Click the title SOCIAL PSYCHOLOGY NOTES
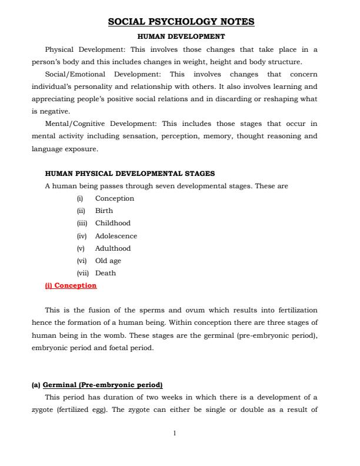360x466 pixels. [x=181, y=22]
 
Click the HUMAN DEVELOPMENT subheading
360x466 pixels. [x=181, y=36]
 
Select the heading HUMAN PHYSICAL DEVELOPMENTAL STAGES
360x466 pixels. [x=130, y=174]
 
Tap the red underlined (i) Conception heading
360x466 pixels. [x=71, y=285]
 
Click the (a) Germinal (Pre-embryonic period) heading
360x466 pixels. [x=96, y=385]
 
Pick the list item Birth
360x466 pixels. [x=104, y=211]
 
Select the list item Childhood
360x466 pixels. [x=113, y=223]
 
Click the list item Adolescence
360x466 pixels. [x=116, y=236]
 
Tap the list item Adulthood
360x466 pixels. [x=113, y=248]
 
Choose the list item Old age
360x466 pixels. [x=108, y=261]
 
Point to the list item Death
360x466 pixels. [x=105, y=273]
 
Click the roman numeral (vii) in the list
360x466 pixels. [x=83, y=273]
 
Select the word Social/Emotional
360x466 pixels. [x=75, y=75]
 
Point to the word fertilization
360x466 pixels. [x=297, y=310]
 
